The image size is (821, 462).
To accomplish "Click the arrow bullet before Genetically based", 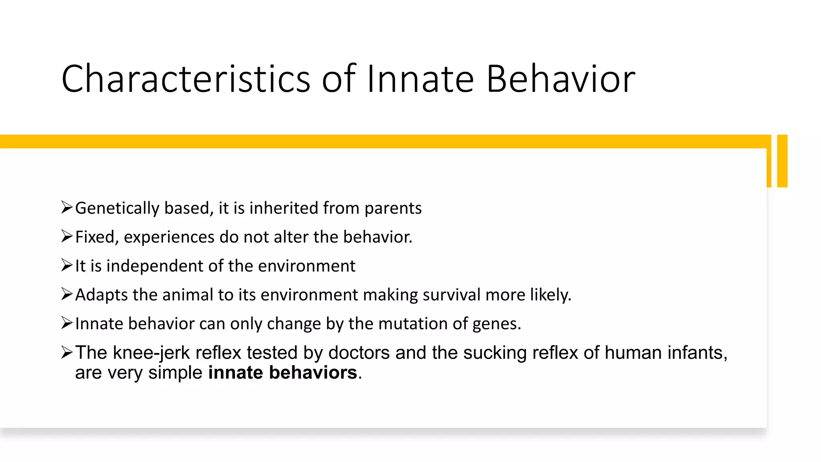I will click(67, 208).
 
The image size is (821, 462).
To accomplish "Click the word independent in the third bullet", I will click(154, 266).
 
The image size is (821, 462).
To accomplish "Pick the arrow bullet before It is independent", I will click(67, 265).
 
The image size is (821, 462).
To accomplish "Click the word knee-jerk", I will click(151, 353).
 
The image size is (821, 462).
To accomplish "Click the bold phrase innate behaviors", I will click(283, 373).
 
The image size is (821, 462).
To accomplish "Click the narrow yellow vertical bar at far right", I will click(782, 161).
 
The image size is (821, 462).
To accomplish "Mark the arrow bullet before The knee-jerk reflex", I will click(67, 353).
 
